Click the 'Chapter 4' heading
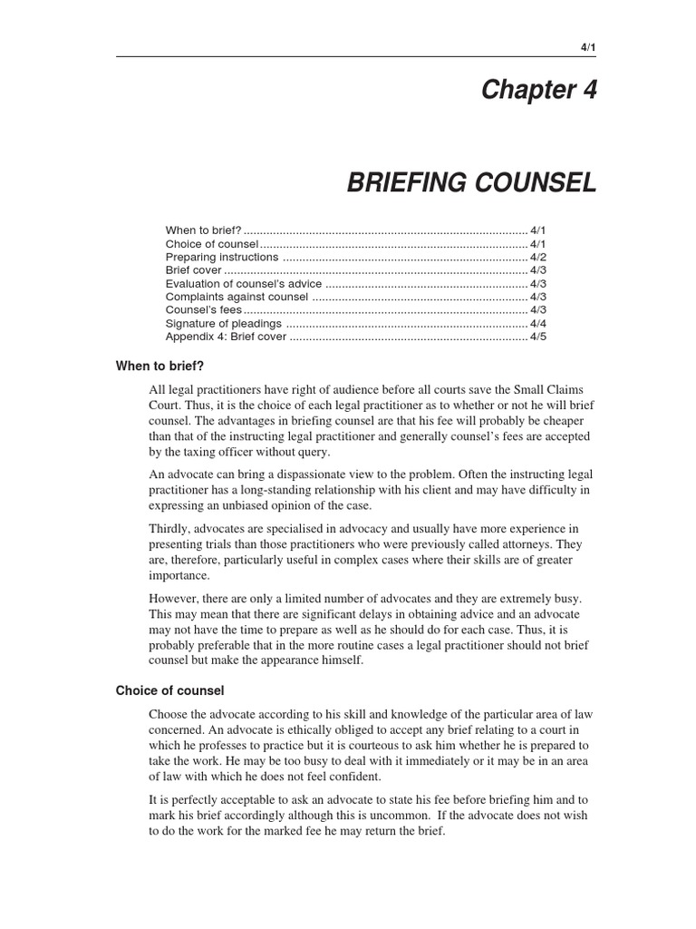click(x=539, y=91)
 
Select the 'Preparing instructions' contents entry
click(x=222, y=258)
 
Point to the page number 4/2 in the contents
click(x=538, y=258)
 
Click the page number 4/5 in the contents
click(x=538, y=337)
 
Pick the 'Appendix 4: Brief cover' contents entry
click(x=226, y=337)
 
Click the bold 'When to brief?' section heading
click(x=159, y=367)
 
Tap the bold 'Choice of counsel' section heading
click(x=169, y=690)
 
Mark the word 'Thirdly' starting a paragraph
click(x=169, y=529)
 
